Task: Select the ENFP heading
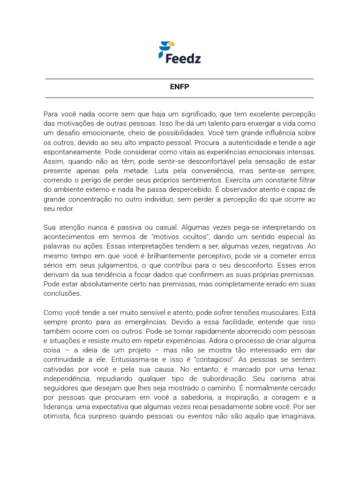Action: pos(179,87)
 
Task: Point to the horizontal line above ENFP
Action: pos(179,79)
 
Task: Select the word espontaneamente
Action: pos(72,152)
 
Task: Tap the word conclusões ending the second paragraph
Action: pos(62,293)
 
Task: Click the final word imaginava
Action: pos(292,416)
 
